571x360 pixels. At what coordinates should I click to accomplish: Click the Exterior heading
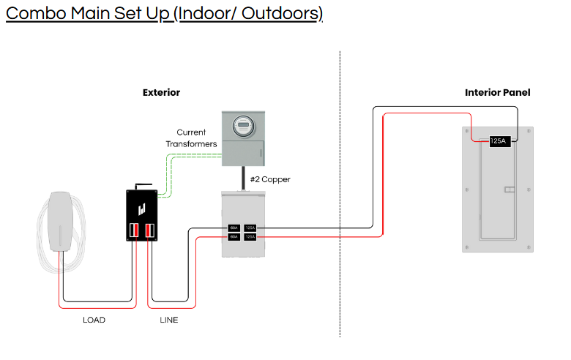(161, 93)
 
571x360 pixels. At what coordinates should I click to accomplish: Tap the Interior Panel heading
(497, 93)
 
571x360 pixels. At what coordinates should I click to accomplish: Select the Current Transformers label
(197, 138)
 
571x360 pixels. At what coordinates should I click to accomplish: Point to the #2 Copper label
(270, 179)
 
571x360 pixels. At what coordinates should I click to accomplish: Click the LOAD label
(94, 320)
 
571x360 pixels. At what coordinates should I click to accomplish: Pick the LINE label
(168, 320)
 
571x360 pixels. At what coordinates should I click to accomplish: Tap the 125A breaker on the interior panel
(499, 141)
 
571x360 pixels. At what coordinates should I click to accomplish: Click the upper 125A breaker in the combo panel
(250, 228)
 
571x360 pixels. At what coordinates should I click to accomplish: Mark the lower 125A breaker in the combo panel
(250, 237)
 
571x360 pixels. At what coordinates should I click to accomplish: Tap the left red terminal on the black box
(135, 231)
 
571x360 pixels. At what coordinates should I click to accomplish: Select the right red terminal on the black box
(149, 231)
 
